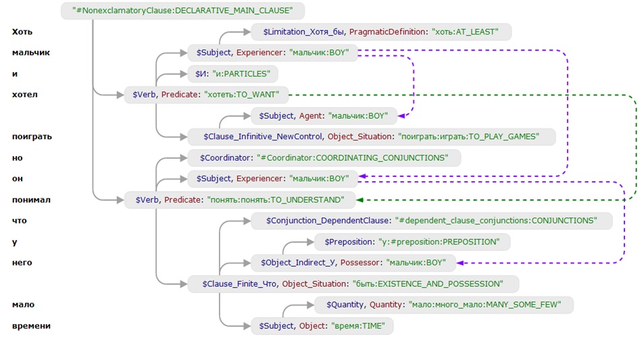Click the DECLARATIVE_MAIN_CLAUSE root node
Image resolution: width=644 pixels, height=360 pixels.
point(182,11)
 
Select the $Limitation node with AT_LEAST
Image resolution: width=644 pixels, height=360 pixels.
point(381,32)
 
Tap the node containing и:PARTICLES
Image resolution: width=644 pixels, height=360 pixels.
point(233,74)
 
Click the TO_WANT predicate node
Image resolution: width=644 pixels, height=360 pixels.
point(206,95)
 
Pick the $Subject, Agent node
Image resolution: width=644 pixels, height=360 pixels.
point(324,116)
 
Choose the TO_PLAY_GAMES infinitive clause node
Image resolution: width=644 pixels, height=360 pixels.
point(371,136)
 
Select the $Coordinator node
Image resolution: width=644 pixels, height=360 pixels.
point(324,158)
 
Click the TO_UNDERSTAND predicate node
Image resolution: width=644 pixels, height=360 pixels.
point(240,200)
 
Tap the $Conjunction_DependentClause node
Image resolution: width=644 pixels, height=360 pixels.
point(432,221)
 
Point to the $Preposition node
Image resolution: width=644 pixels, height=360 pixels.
point(412,242)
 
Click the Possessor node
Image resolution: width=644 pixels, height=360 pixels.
point(353,263)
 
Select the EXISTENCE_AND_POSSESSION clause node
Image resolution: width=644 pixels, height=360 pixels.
point(353,284)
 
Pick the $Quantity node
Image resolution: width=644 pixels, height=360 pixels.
point(443,305)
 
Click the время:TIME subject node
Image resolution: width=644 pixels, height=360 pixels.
point(322,326)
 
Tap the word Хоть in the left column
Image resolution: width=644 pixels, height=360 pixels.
point(22,32)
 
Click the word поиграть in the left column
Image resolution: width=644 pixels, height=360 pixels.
point(32,136)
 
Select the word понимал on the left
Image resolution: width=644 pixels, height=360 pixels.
point(31,200)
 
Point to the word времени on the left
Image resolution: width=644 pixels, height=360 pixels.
point(31,326)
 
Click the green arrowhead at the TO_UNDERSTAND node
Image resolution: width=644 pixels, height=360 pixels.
point(360,200)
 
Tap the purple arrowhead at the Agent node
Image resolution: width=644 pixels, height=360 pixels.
point(401,116)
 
